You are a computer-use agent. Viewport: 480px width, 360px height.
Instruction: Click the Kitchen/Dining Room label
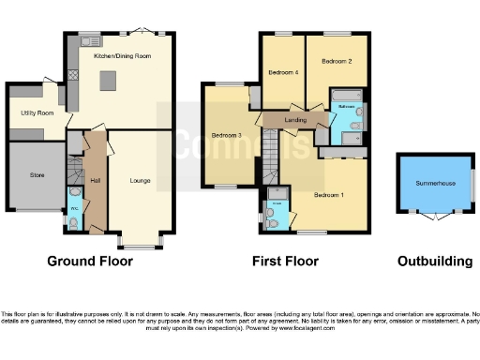[x=123, y=56]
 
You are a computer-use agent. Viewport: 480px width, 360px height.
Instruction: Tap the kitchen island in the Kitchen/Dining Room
[x=109, y=81]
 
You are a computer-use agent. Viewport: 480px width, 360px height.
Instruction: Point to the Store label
[x=37, y=174]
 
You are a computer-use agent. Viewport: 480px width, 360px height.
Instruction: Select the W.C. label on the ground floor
[x=74, y=208]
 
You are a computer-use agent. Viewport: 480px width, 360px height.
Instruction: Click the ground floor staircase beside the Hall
[x=75, y=173]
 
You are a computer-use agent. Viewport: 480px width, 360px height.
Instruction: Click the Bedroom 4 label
[x=283, y=72]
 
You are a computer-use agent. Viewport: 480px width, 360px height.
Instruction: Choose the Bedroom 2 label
[x=337, y=62]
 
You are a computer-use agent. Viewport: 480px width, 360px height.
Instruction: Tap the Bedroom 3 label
[x=227, y=135]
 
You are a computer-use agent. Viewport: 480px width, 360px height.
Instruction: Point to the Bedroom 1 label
[x=328, y=195]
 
